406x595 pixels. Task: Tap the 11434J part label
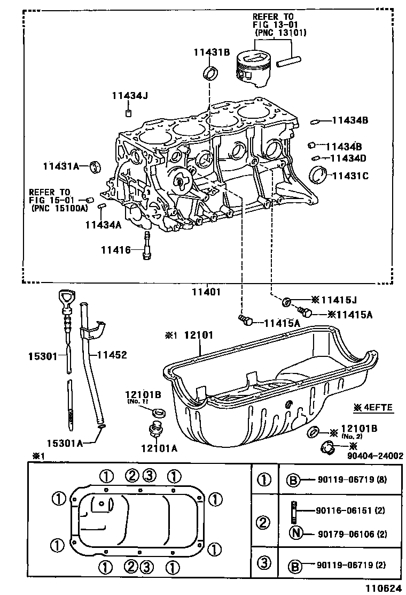129,96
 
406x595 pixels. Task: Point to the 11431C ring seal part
319,174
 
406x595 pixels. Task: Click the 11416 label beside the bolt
116,249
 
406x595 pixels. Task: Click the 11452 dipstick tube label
112,355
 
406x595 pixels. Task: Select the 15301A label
65,444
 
